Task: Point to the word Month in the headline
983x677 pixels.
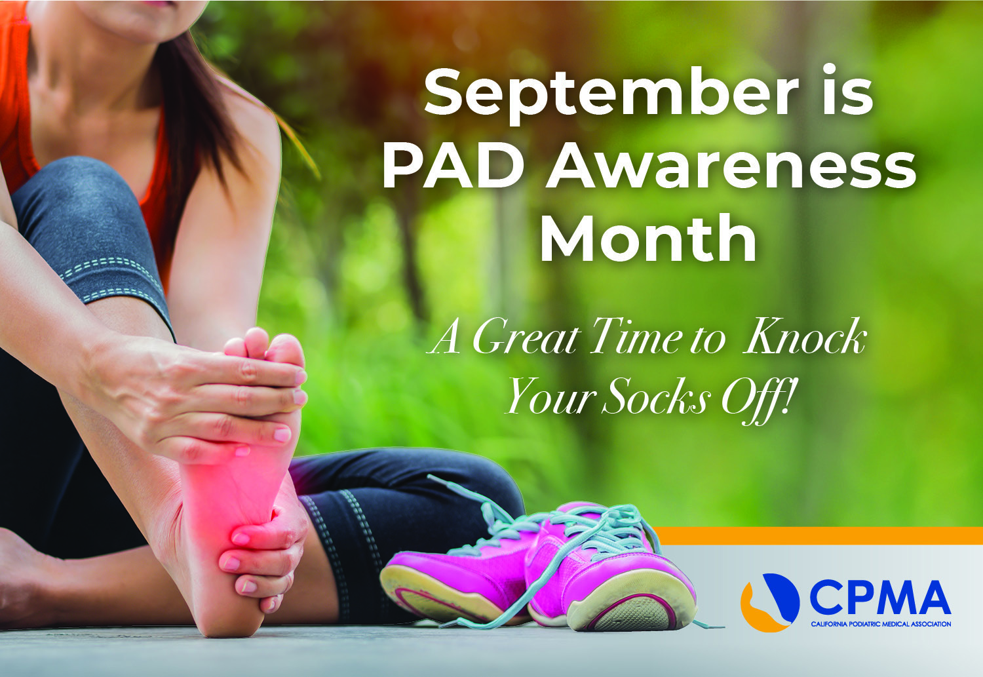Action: click(x=649, y=239)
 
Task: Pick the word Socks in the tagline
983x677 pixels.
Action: click(x=657, y=397)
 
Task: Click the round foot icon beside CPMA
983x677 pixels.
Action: click(x=770, y=602)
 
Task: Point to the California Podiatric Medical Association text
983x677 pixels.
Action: click(x=881, y=624)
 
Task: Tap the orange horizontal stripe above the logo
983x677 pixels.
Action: click(x=819, y=535)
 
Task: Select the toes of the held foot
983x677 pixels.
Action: click(x=265, y=347)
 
